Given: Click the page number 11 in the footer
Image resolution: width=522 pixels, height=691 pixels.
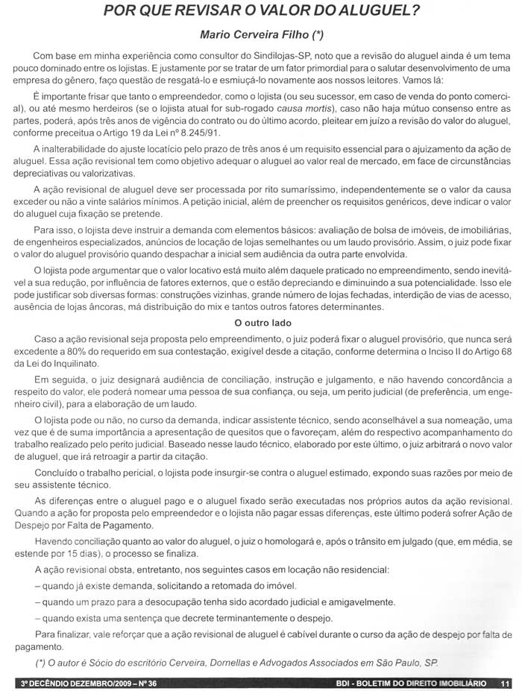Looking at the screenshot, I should click(506, 683).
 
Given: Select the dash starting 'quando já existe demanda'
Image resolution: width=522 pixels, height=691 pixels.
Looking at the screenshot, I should click(37, 586).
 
